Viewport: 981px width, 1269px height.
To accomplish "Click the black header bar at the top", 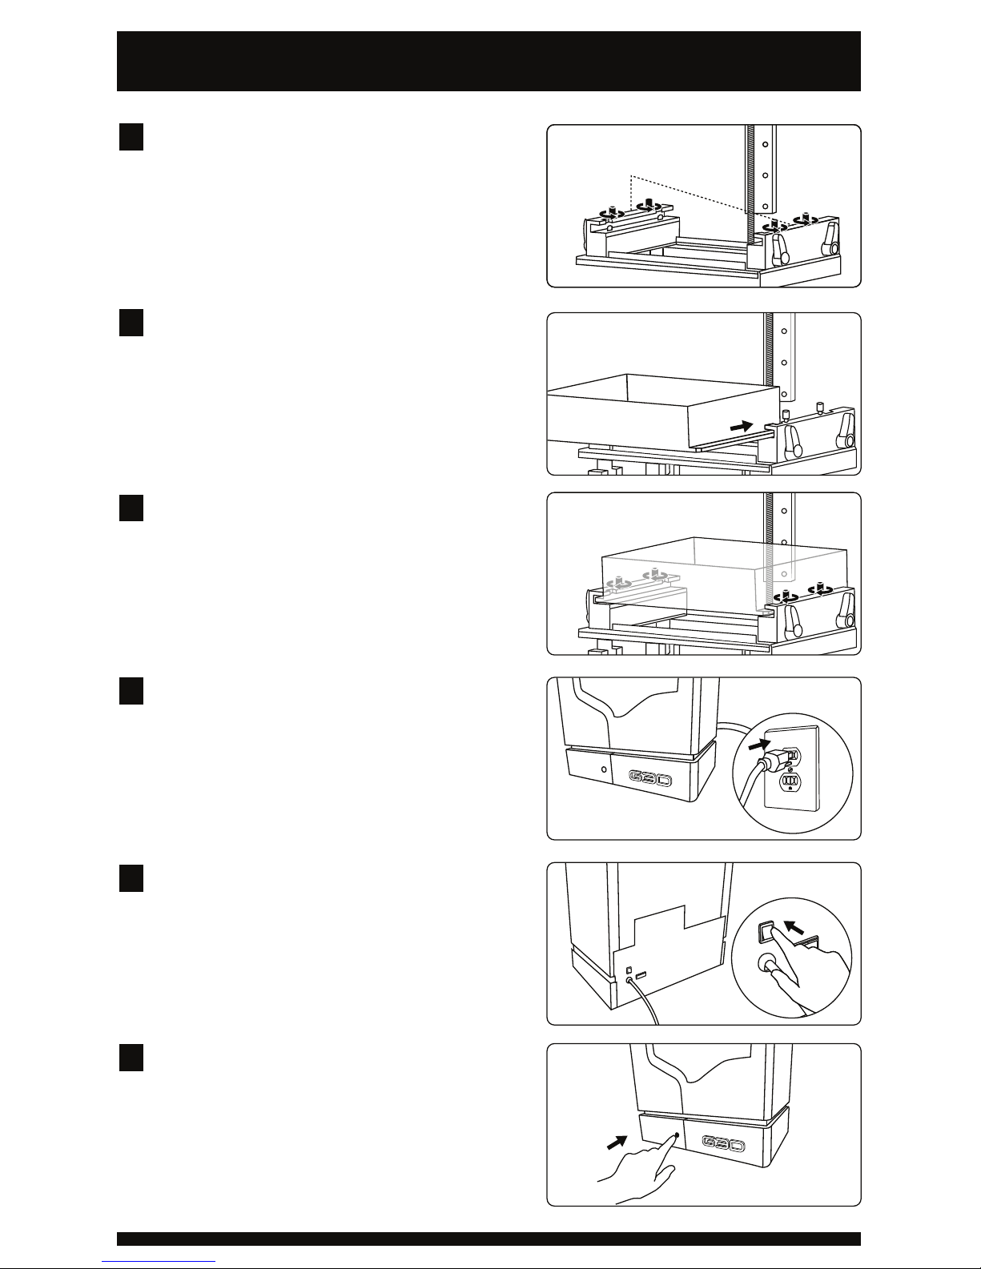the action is tap(488, 61).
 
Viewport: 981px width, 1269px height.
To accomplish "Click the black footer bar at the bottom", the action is tap(488, 1239).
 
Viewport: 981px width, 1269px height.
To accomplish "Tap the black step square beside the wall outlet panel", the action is tap(131, 691).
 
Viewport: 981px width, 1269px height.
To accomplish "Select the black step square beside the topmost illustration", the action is tap(131, 137).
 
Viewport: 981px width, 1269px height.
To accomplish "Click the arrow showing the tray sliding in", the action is tap(742, 427).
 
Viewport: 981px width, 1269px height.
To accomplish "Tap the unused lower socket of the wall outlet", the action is tap(790, 781).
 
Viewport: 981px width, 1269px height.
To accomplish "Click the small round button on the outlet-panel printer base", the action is tap(603, 766).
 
